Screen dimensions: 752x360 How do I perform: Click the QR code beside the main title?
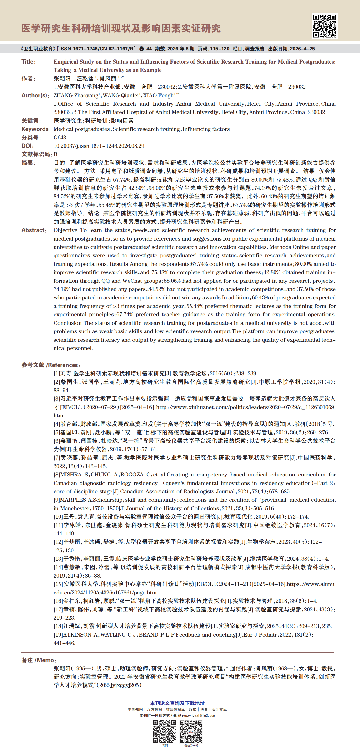(324, 26)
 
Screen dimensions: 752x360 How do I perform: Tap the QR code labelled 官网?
(165, 731)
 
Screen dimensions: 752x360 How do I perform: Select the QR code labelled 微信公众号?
(191, 731)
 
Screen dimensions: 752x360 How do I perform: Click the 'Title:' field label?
(28, 62)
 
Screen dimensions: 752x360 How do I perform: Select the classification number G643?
(60, 138)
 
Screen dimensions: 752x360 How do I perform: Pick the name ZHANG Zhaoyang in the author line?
(76, 95)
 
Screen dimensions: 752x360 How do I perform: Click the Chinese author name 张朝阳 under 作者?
(62, 79)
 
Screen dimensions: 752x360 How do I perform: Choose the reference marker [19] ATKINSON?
(58, 635)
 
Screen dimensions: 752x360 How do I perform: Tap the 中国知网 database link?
(135, 710)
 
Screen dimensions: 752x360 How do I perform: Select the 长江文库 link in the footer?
(219, 710)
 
